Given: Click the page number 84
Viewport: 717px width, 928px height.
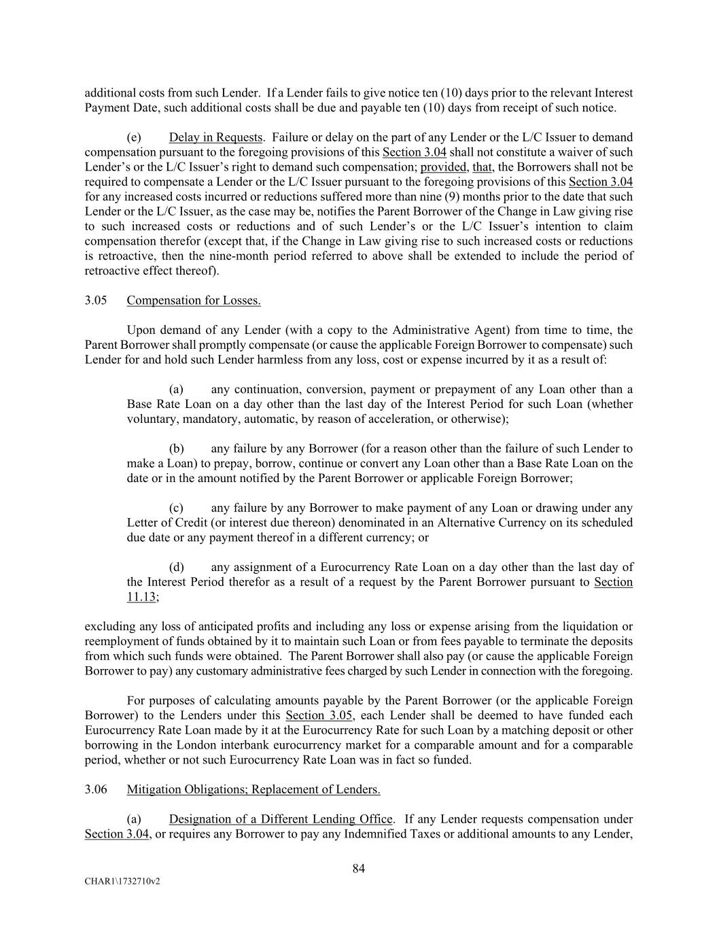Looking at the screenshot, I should [359, 868].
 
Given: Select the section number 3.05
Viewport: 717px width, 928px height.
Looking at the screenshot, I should [96, 300].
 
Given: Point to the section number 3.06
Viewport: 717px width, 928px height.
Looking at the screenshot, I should [96, 789].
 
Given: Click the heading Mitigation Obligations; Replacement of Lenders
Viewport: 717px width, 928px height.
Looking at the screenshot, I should [253, 789].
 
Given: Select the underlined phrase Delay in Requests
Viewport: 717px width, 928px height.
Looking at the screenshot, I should [215, 137].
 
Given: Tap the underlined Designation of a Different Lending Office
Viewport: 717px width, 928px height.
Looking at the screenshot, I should [281, 819].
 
